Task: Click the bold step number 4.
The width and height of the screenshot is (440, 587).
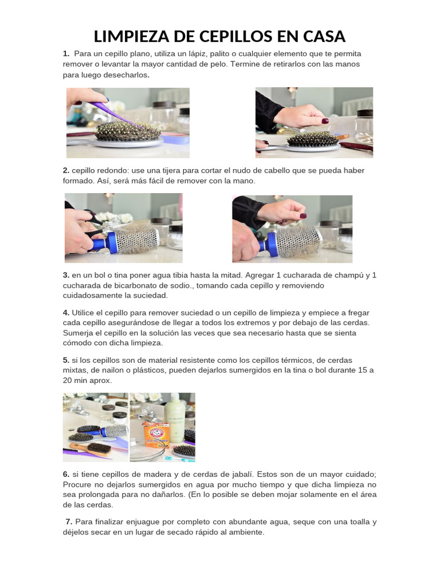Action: pos(66,313)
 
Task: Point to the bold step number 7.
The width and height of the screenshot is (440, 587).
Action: pos(69,522)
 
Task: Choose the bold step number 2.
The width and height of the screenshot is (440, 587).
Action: pos(66,171)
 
